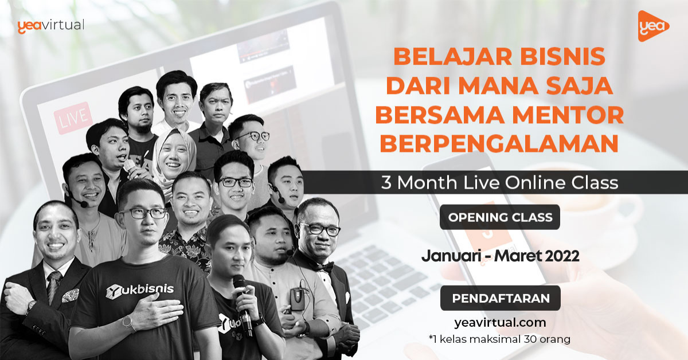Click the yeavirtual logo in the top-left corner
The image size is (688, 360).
[x=50, y=26]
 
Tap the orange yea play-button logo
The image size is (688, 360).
[x=652, y=26]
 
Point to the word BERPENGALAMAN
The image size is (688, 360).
[x=499, y=144]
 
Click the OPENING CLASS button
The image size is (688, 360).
[x=500, y=217]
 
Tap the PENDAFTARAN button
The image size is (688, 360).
[x=501, y=298]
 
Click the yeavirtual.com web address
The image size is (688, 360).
[x=500, y=323]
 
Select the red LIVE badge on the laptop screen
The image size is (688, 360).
[x=73, y=118]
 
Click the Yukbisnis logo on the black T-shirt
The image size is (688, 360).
[x=140, y=291]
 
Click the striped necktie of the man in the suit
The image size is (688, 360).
[x=54, y=285]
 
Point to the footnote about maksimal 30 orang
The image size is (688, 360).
[x=499, y=339]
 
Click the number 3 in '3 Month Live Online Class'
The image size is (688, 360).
[x=386, y=182]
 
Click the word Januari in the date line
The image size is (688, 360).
[x=451, y=256]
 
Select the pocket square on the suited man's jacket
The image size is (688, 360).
[x=71, y=295]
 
